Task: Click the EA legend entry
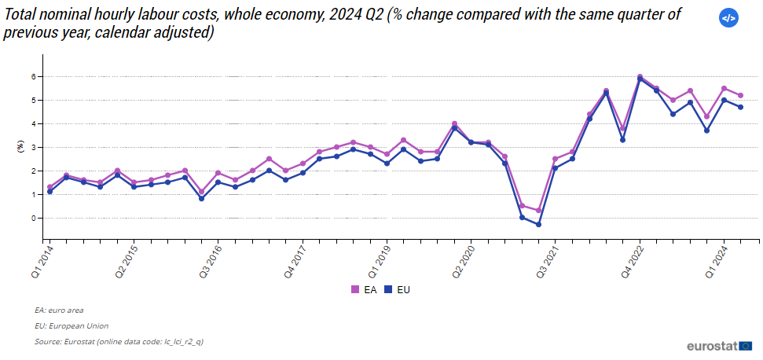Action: click(364, 289)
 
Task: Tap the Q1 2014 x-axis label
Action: click(42, 262)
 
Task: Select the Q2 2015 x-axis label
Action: click(127, 262)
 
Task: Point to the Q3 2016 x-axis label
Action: click(211, 262)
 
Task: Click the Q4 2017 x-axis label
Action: click(295, 262)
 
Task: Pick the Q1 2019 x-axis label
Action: click(380, 262)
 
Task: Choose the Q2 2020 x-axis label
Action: click(464, 262)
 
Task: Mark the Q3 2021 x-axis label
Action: click(548, 262)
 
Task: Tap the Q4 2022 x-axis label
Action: click(633, 262)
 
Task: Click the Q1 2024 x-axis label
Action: click(717, 262)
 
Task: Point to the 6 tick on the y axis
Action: click(34, 77)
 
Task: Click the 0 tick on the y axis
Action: click(34, 219)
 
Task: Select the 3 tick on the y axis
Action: click(34, 148)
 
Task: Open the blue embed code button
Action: click(728, 18)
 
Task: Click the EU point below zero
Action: click(539, 225)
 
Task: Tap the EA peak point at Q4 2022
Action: click(640, 77)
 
